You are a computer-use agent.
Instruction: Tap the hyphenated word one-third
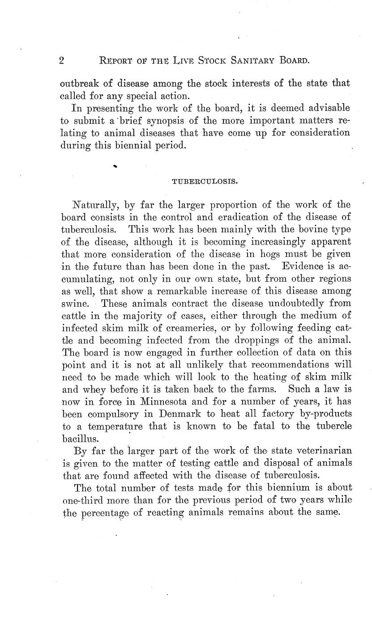[x=86, y=500]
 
